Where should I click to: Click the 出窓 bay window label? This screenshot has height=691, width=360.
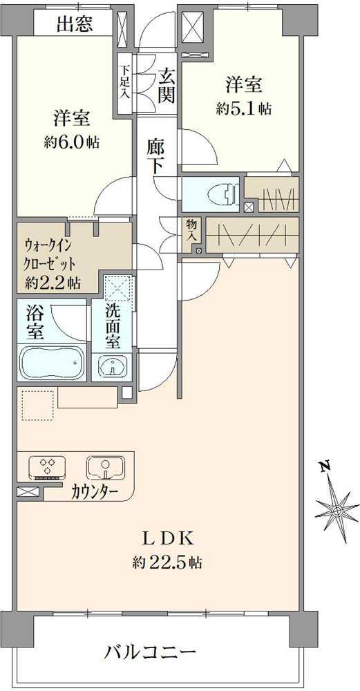coord(75,26)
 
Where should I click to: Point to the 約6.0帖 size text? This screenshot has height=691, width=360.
coord(72,143)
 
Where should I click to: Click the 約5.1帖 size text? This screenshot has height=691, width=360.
coord(244,109)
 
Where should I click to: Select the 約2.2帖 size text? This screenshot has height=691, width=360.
coord(53,283)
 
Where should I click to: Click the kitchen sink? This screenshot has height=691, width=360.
coord(106,467)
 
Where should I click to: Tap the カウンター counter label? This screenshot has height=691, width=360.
coord(94,493)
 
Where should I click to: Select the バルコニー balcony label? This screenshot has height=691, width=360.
coord(151,652)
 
